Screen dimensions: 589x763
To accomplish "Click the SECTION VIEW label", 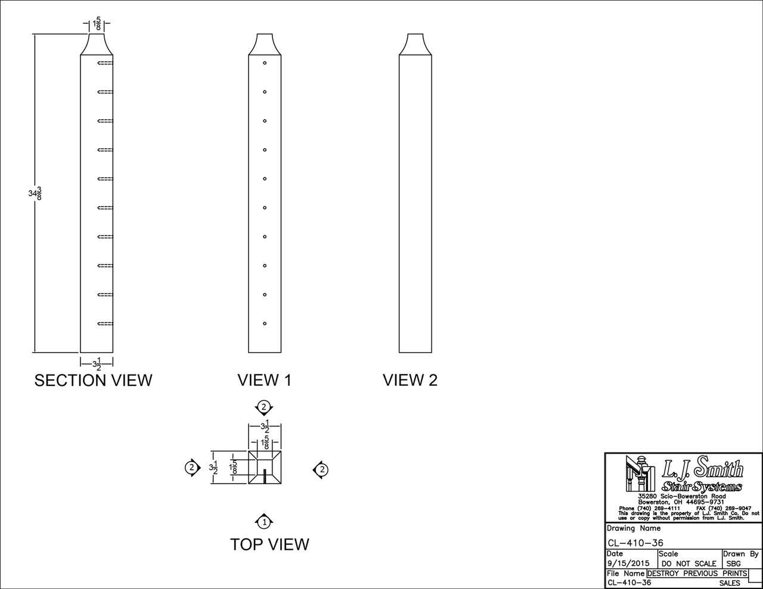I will click(x=93, y=380).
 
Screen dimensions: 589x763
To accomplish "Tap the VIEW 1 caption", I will click(x=264, y=380).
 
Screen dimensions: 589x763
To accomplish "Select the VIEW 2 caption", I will click(x=410, y=380).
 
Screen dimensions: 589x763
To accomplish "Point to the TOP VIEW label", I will click(x=269, y=544).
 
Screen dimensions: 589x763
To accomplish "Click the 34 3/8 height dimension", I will click(x=35, y=193).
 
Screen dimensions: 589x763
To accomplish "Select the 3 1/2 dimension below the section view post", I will click(x=96, y=363).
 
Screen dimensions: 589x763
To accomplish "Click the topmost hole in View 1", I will click(x=264, y=63).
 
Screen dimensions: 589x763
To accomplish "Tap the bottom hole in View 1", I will click(x=264, y=324).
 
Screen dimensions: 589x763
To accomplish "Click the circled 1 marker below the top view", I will click(x=263, y=522).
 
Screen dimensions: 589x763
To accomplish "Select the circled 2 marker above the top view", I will click(x=263, y=407).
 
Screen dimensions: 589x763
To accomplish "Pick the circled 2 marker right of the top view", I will click(x=321, y=470).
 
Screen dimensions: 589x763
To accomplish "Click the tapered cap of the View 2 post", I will click(x=415, y=45).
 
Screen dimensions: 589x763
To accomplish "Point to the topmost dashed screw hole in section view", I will click(x=105, y=63).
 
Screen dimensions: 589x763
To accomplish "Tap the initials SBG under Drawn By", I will click(x=733, y=563).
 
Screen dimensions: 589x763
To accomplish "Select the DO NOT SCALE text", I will click(x=689, y=563).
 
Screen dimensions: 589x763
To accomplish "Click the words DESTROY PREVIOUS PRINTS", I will click(x=697, y=574).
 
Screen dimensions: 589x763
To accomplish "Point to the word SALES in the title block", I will click(x=730, y=583).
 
